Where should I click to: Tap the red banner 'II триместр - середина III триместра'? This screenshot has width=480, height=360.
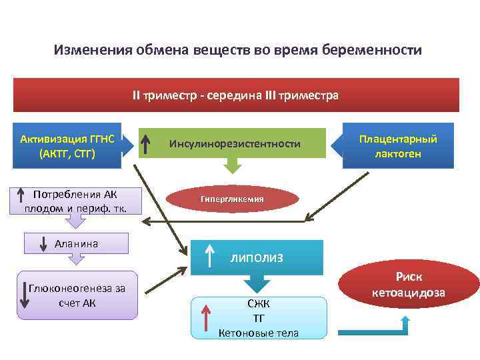click(x=236, y=95)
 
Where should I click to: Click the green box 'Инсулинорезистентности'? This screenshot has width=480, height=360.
click(x=235, y=143)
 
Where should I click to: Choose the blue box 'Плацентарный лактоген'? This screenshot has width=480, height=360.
click(x=398, y=146)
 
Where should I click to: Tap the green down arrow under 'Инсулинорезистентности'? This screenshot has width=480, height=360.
click(x=233, y=164)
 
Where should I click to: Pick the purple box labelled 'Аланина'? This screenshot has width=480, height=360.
click(x=77, y=244)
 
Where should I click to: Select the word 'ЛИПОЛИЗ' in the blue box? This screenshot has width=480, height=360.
click(x=257, y=257)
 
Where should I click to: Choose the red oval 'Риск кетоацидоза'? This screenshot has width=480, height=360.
click(x=409, y=285)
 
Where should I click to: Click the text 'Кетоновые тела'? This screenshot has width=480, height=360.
click(x=259, y=332)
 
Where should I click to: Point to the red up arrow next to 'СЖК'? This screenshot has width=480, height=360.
click(x=207, y=317)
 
